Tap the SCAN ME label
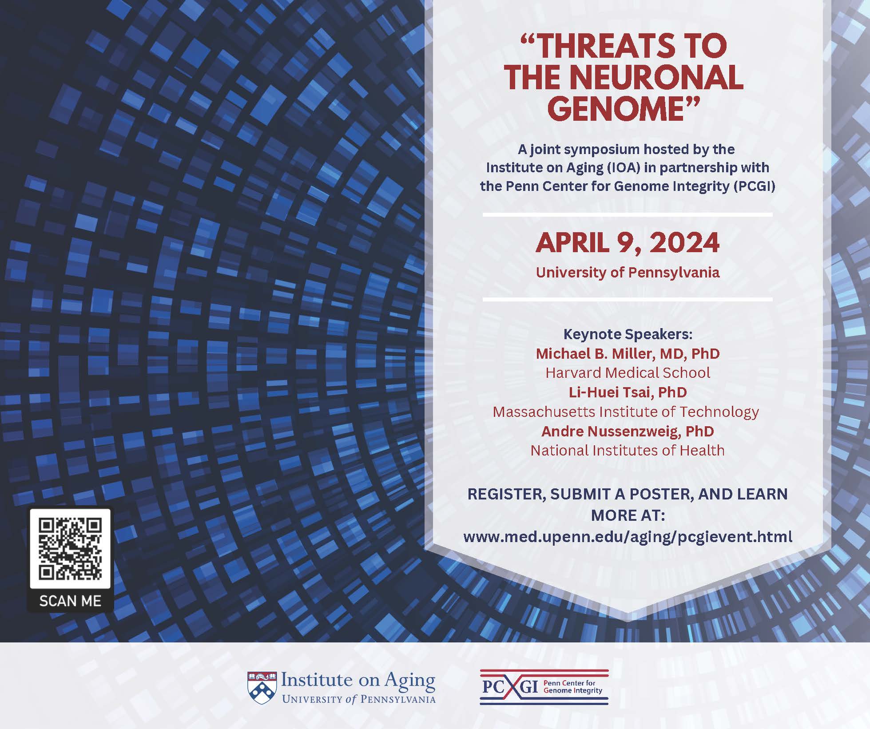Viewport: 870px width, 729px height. [70, 601]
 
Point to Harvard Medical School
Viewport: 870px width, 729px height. [628, 372]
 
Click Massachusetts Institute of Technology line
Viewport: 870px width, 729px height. [626, 412]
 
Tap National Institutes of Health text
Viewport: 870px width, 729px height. [628, 450]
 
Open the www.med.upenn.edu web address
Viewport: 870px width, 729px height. [628, 537]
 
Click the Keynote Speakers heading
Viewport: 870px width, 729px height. [628, 334]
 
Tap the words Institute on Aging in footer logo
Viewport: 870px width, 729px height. [358, 681]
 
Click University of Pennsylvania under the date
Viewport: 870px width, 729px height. [628, 272]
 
